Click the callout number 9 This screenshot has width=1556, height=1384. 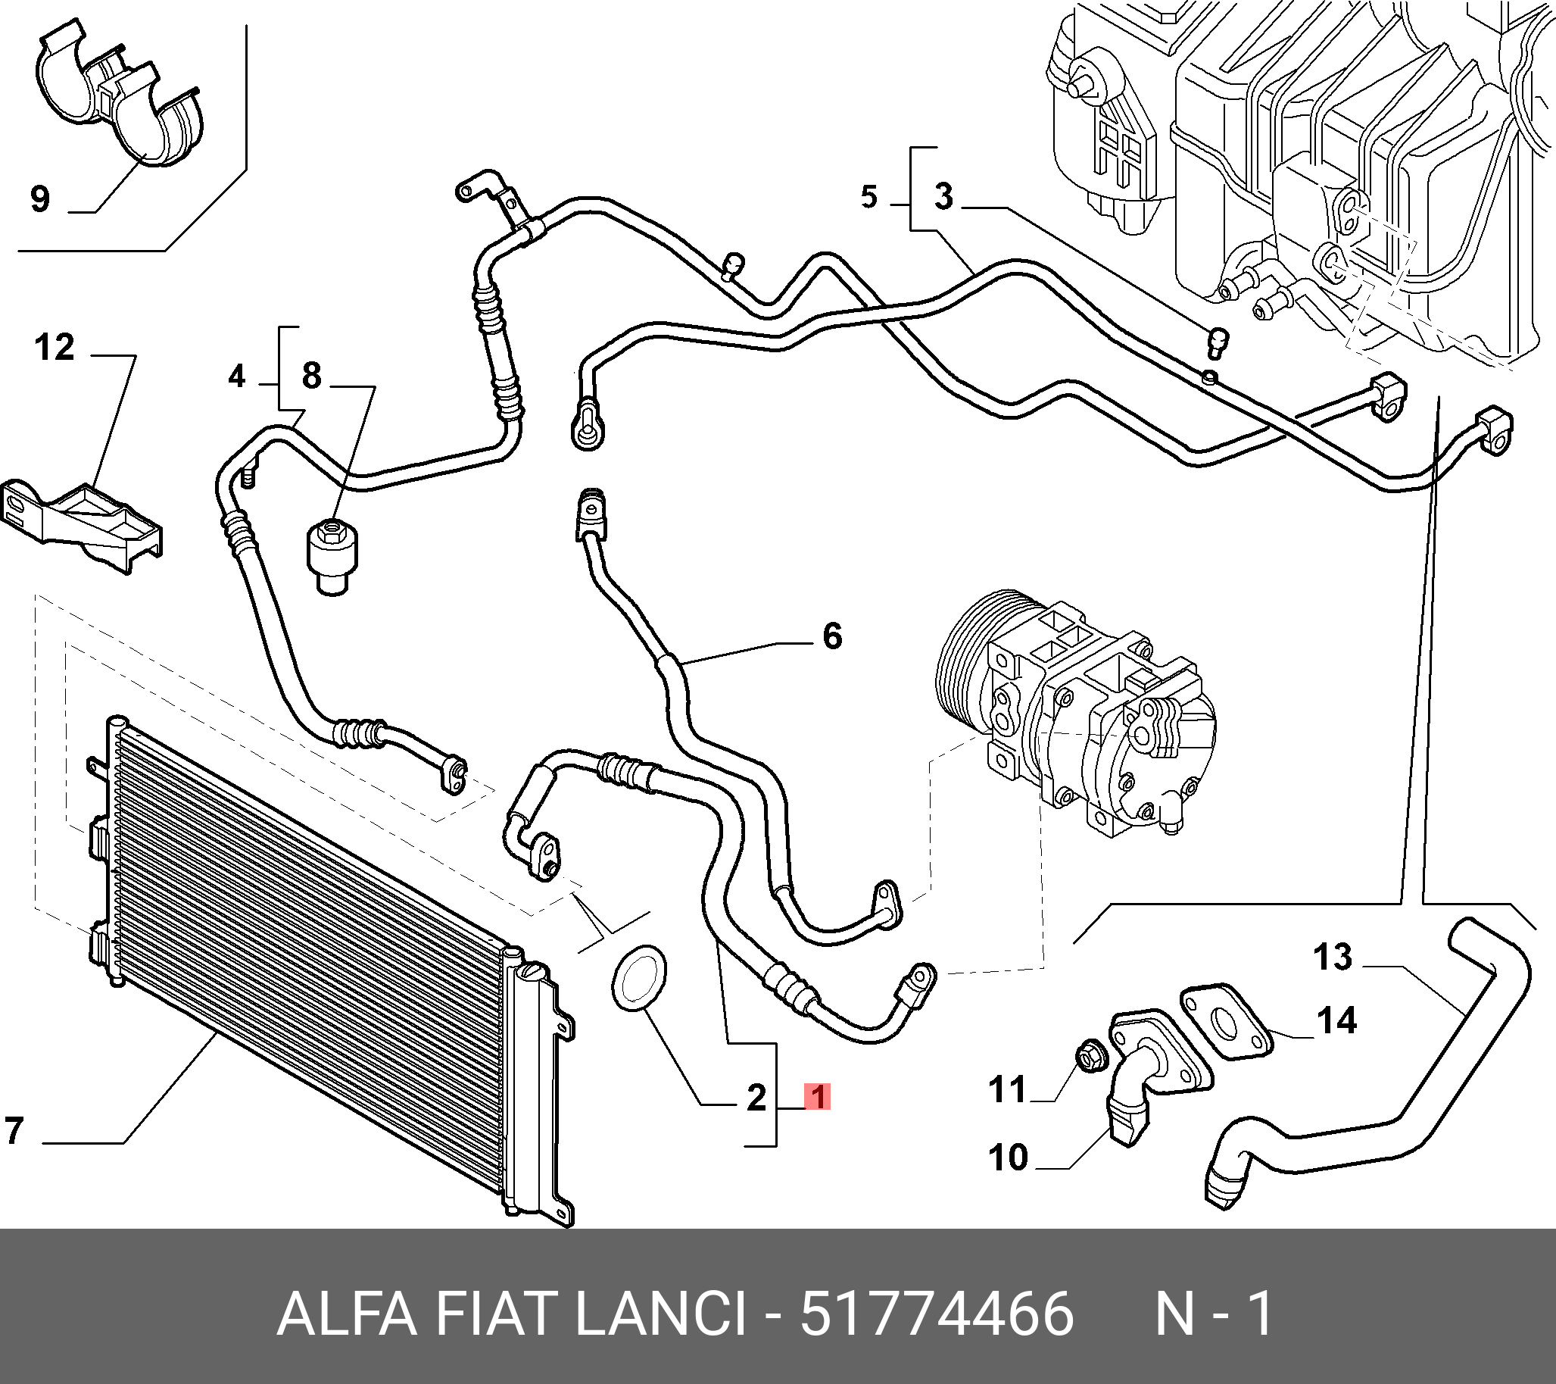pos(40,198)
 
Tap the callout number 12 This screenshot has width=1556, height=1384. pos(55,348)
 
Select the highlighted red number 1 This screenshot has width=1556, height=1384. pos(818,1098)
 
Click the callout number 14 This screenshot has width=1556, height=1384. pos(1336,1020)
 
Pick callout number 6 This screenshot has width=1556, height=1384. pos(832,636)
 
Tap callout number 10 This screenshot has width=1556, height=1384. pos(1009,1157)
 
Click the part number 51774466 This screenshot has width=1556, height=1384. pos(937,1314)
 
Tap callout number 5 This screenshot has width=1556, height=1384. pos(869,197)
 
